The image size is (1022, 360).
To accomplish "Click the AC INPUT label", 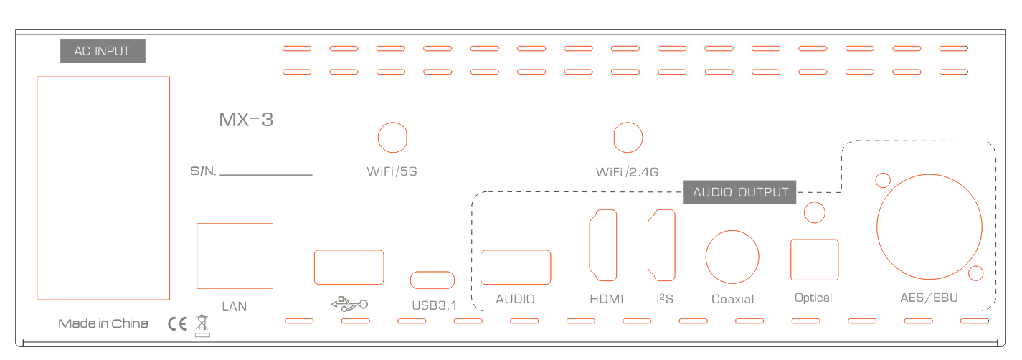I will (x=103, y=52).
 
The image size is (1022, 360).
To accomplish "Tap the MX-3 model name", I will (x=246, y=120).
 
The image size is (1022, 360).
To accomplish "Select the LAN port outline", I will (x=235, y=255).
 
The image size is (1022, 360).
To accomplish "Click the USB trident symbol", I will (x=349, y=304).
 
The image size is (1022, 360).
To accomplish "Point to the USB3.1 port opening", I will (x=432, y=280).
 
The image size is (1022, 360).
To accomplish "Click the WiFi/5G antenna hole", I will (x=392, y=138).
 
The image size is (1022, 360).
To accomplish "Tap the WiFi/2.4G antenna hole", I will (x=628, y=138).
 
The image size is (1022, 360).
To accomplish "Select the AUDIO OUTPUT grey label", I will (x=739, y=192).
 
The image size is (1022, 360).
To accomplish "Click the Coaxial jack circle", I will (x=732, y=257).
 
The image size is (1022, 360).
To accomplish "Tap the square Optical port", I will (x=814, y=260).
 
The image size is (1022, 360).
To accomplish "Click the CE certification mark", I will (x=177, y=323).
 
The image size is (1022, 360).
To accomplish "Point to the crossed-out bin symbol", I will (x=202, y=324).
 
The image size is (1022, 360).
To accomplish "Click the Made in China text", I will (x=103, y=323).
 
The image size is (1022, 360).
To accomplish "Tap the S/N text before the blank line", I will (x=203, y=172).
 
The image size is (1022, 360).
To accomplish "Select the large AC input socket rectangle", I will (x=103, y=188).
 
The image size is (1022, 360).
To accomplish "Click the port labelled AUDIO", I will (x=516, y=267).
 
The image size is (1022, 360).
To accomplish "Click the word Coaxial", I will (x=732, y=299).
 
